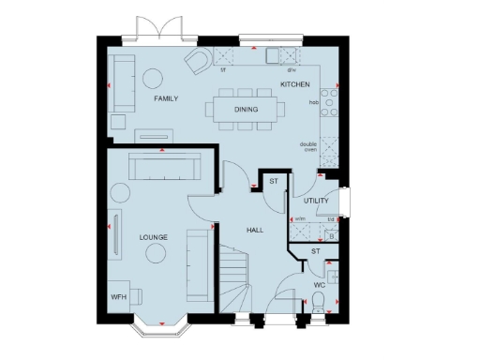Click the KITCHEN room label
click(x=295, y=85)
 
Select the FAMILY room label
click(x=166, y=98)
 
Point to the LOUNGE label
click(x=153, y=237)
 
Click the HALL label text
click(x=255, y=230)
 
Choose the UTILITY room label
click(x=316, y=201)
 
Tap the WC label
click(x=319, y=283)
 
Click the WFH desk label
click(x=119, y=297)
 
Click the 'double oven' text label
click(x=308, y=146)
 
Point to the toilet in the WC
click(x=320, y=301)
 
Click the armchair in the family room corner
click(x=199, y=62)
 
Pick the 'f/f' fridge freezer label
click(x=223, y=69)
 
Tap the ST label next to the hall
click(x=274, y=181)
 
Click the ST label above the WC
click(x=316, y=251)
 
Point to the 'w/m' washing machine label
click(x=301, y=218)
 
